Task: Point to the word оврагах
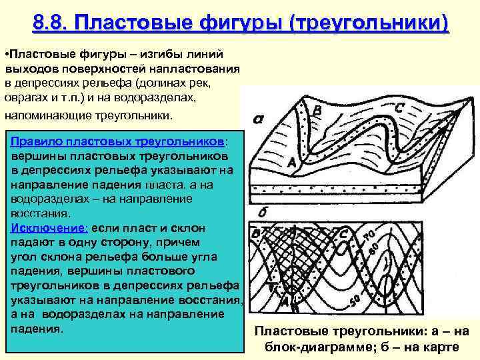pos(27,97)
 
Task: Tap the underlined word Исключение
pos(43,227)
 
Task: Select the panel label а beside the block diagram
pos(257,121)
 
